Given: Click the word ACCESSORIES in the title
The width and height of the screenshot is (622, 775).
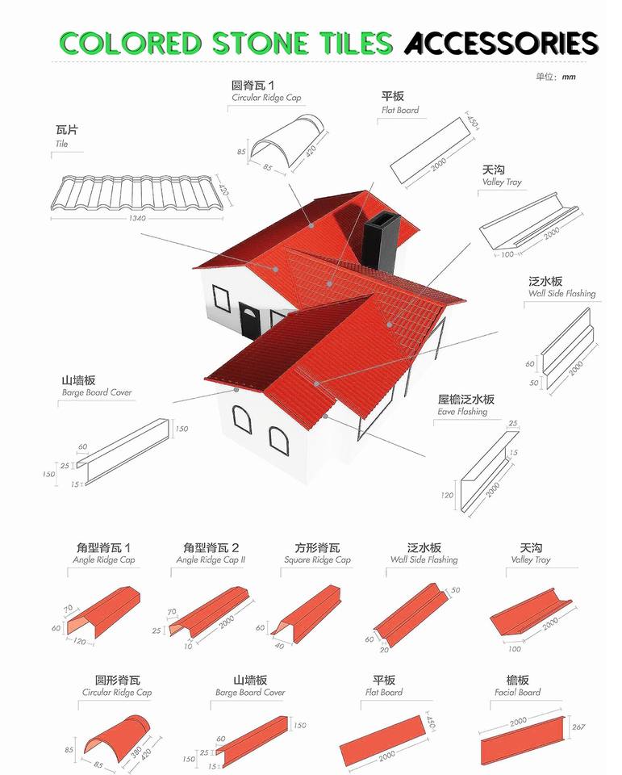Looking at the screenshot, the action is tap(501, 42).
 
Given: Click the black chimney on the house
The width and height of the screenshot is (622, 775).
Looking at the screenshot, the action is tap(378, 245).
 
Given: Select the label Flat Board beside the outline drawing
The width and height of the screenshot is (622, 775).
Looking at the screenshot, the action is tap(400, 110).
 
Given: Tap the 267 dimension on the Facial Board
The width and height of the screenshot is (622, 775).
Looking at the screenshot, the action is tap(578, 727).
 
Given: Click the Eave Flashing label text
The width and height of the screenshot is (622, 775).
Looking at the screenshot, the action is tap(462, 412).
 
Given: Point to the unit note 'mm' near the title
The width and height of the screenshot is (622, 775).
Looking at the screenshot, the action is tap(569, 77).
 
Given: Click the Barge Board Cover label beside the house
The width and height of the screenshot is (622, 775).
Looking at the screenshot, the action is tap(97, 392).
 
